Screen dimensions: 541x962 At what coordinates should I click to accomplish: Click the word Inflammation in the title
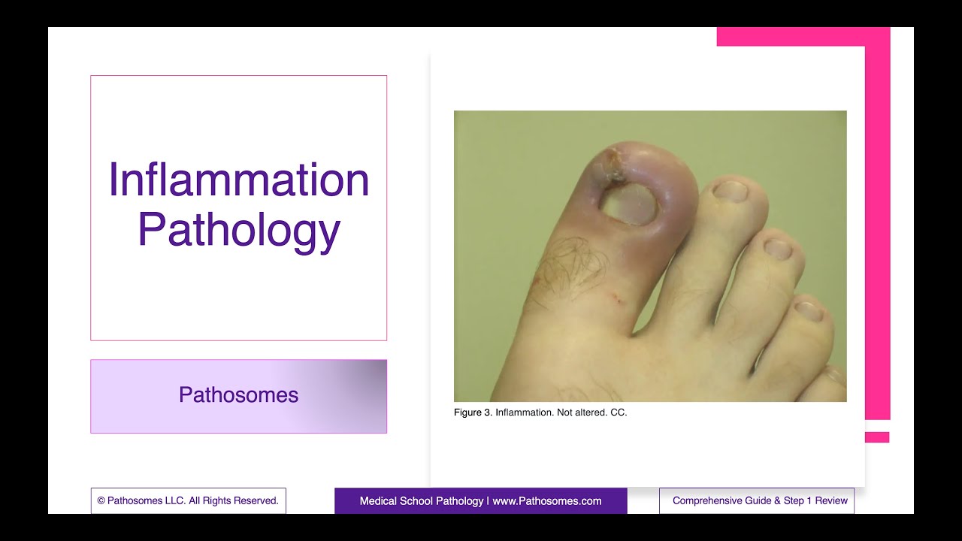click(x=239, y=180)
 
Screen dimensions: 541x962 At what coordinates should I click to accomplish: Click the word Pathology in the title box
click(x=239, y=230)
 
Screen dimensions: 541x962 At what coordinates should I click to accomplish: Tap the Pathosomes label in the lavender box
click(x=238, y=395)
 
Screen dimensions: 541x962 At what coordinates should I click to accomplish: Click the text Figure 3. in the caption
click(x=473, y=413)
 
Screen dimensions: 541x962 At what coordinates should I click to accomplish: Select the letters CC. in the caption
click(x=619, y=413)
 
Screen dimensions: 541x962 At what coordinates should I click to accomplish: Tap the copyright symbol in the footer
click(x=101, y=500)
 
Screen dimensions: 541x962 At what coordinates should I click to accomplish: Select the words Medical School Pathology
click(x=421, y=501)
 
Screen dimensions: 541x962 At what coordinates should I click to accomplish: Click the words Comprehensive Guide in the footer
click(x=725, y=500)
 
